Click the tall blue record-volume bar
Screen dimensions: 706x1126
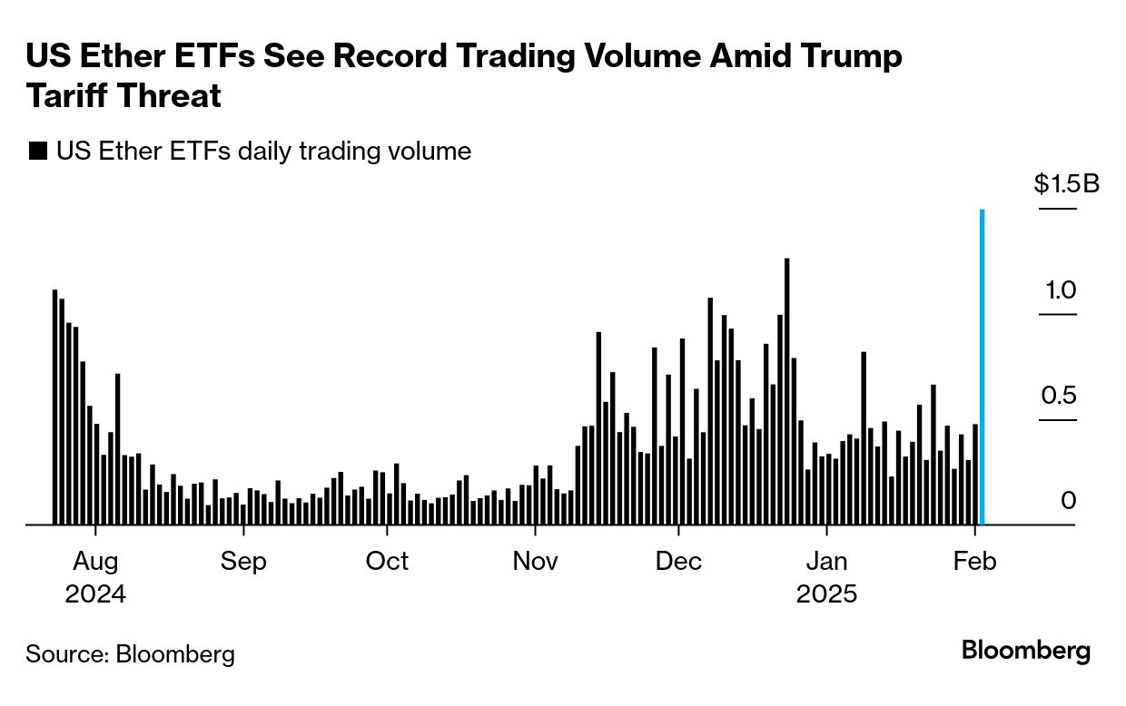point(983,368)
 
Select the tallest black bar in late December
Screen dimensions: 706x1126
point(786,390)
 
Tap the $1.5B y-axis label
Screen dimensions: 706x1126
point(1066,185)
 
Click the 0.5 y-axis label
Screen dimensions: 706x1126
point(1059,397)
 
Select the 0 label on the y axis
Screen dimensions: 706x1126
point(1069,501)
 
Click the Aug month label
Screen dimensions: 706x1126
point(94,562)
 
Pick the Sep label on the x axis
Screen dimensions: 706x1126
point(243,562)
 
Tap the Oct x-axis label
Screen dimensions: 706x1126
point(388,562)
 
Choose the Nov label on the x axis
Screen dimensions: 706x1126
point(535,562)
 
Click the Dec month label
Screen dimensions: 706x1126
point(679,562)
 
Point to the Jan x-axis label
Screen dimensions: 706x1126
point(826,562)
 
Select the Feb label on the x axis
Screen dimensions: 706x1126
point(975,562)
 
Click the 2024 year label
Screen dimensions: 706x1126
point(94,595)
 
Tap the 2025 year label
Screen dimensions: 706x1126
point(826,595)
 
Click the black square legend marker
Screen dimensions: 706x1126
point(38,152)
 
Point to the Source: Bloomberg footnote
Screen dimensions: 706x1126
point(130,653)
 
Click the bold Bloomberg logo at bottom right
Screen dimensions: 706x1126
point(1026,651)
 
